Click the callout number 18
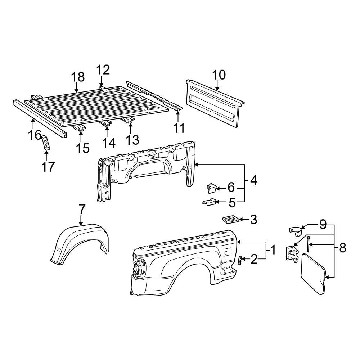78,77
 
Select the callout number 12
103,69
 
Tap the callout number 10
219,75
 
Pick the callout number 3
253,219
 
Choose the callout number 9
323,225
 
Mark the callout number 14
108,143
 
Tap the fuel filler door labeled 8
313,273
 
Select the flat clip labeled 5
209,203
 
